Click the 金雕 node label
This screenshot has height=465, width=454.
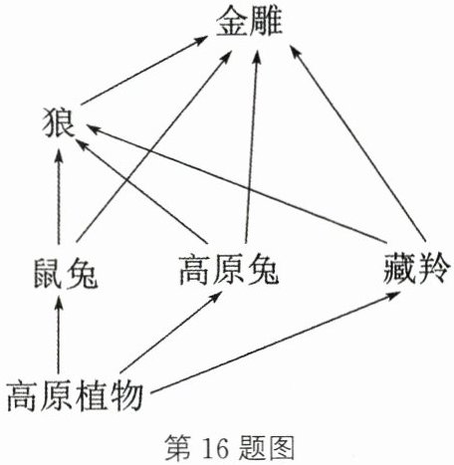249,23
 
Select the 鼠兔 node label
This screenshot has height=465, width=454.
66,274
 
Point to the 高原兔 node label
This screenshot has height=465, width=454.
229,271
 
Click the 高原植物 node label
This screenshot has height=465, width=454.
75,396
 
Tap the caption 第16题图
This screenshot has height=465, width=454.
230,448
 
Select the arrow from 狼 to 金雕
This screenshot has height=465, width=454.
143,71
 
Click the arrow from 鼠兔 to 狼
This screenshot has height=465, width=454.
59,197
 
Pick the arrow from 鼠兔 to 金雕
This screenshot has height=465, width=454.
153,147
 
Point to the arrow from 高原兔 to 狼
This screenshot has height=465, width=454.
141,191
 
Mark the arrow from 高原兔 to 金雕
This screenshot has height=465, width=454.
252,147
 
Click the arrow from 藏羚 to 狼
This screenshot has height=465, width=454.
237,183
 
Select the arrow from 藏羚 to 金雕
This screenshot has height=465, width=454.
357,143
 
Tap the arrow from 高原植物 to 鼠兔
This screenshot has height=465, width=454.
59,335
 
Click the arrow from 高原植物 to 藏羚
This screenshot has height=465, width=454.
275,344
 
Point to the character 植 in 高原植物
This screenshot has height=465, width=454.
92,396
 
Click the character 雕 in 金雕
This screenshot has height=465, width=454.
266,23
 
